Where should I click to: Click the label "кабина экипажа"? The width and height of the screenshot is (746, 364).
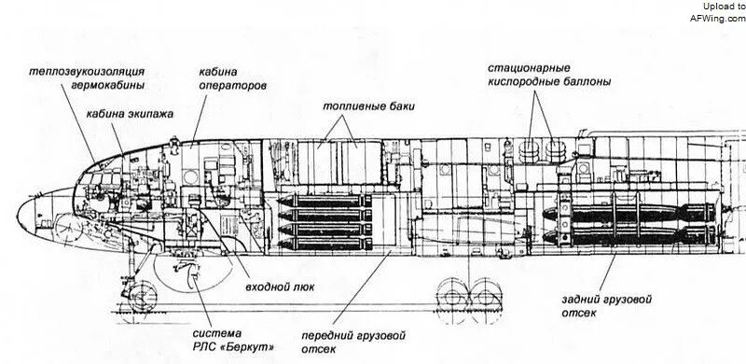pyautogui.click(x=130, y=115)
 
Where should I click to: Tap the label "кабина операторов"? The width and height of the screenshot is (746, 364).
pyautogui.click(x=232, y=79)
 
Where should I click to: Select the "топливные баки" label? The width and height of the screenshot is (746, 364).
pyautogui.click(x=368, y=106)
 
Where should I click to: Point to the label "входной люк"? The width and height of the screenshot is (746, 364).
pyautogui.click(x=280, y=287)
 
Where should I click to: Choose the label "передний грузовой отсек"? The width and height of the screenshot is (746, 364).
pyautogui.click(x=353, y=343)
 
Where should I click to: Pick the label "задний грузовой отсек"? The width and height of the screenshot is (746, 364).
pyautogui.click(x=607, y=306)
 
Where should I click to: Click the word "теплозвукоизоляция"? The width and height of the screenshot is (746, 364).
pyautogui.click(x=87, y=72)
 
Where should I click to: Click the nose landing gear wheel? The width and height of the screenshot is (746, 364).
pyautogui.click(x=143, y=297)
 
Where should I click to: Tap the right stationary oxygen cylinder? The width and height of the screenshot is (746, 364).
pyautogui.click(x=555, y=151)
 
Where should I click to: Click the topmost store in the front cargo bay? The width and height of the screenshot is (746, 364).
pyautogui.click(x=325, y=201)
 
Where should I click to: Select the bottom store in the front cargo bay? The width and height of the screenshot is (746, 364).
pyautogui.click(x=325, y=244)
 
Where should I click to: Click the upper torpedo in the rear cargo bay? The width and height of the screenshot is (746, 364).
pyautogui.click(x=629, y=214)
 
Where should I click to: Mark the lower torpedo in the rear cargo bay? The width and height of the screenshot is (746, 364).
pyautogui.click(x=629, y=235)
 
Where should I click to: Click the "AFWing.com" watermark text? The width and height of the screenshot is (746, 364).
pyautogui.click(x=718, y=18)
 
